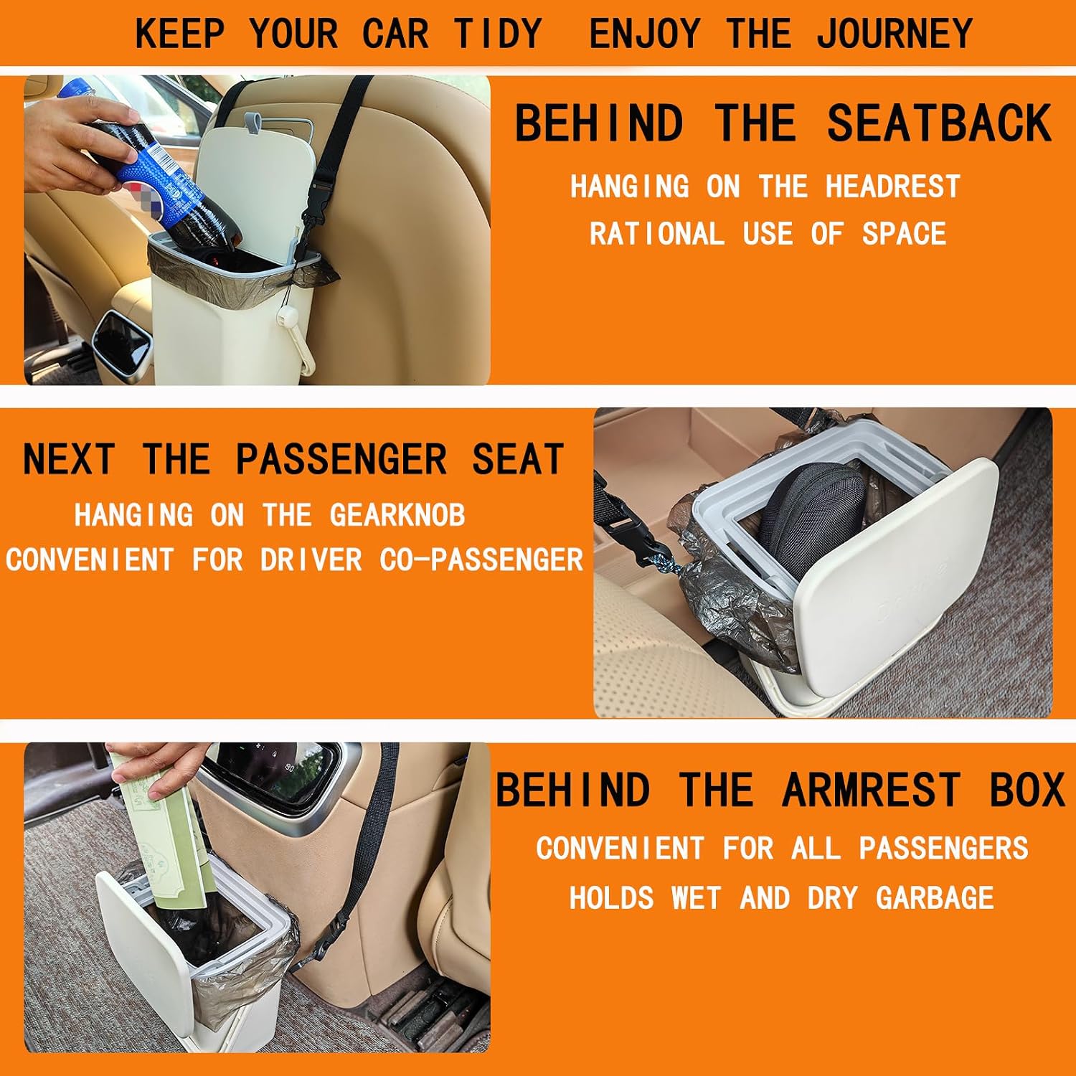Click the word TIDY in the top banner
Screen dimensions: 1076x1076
click(x=497, y=33)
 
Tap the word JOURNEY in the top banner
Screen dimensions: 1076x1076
click(x=895, y=33)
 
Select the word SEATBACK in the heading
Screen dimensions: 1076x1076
click(x=939, y=123)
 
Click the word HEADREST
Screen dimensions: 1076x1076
click(x=892, y=187)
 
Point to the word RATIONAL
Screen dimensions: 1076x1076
click(x=656, y=234)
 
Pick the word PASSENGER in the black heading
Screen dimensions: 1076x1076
click(x=341, y=459)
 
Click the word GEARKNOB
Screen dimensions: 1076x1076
click(x=397, y=515)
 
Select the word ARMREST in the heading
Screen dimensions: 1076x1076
click(x=872, y=791)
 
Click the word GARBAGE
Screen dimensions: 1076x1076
click(x=935, y=898)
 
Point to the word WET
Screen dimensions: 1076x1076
click(x=695, y=898)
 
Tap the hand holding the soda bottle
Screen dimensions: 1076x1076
click(x=75, y=143)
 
